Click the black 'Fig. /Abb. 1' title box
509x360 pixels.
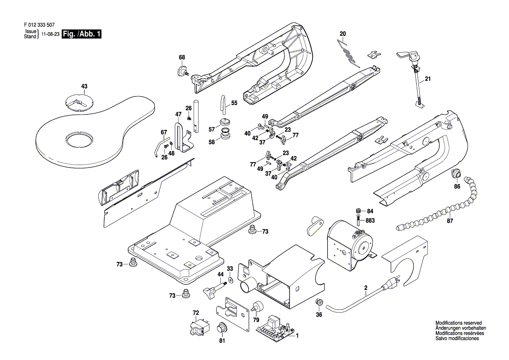(x=82, y=34)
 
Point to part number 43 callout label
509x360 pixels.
(x=84, y=86)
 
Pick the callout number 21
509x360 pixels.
(x=428, y=79)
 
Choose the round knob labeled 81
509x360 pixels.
(x=222, y=327)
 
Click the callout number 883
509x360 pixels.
(x=370, y=221)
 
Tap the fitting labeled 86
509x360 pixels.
(x=456, y=173)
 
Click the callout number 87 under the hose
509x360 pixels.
(x=450, y=221)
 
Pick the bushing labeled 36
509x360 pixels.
(x=319, y=302)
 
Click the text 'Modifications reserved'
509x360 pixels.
(x=458, y=323)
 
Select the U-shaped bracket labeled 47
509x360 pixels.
(x=183, y=138)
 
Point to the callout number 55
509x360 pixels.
(x=234, y=103)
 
